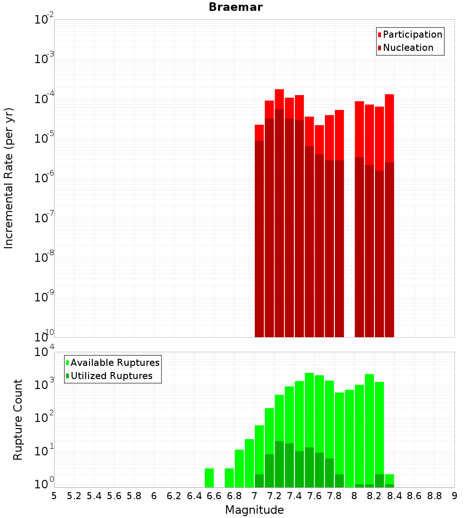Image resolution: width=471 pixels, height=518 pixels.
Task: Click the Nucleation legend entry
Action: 407,48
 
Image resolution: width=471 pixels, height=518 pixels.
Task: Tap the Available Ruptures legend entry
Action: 114,363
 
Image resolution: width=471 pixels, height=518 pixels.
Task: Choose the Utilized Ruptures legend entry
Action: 111,376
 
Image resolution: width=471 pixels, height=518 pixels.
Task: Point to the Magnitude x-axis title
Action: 254,510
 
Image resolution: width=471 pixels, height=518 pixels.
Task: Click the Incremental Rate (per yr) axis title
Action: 9,178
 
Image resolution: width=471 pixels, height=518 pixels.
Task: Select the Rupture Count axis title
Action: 18,419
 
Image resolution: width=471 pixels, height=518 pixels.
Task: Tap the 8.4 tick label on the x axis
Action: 394,496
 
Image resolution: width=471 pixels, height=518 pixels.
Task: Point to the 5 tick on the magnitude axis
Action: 54,496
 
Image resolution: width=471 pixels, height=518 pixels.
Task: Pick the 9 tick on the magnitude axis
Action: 454,496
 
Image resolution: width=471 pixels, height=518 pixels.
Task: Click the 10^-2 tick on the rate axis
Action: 44,20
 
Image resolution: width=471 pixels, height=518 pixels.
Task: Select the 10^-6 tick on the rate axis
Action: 44,178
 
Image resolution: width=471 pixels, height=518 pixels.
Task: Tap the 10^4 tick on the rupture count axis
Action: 44,352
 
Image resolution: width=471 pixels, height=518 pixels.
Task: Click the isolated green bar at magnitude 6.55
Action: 209,478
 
